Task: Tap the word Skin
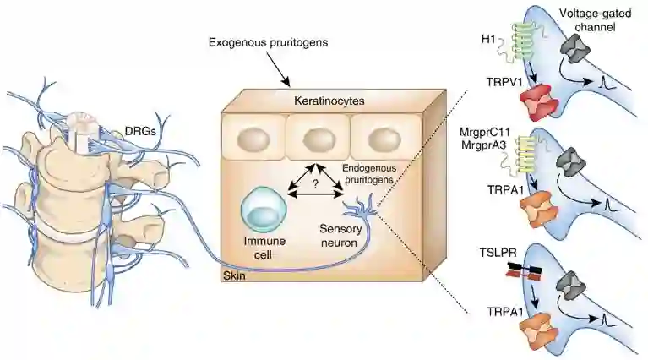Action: pos(233,275)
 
